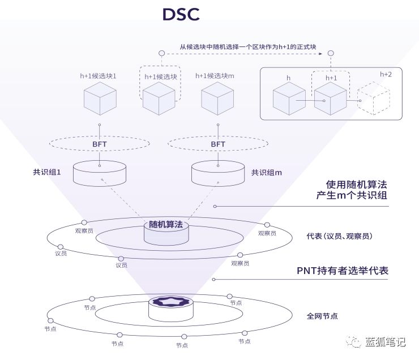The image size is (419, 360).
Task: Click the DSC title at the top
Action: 181,15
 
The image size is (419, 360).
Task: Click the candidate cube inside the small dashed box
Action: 158,98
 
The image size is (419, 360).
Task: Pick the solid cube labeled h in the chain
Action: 289,98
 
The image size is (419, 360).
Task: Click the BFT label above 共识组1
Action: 100,144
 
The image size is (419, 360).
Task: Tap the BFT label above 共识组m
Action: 218,144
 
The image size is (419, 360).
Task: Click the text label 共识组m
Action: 267,172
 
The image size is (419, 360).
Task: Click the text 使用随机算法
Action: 357,185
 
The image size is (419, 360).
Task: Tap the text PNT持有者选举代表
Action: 343,271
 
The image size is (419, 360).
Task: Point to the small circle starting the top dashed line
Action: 161,53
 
